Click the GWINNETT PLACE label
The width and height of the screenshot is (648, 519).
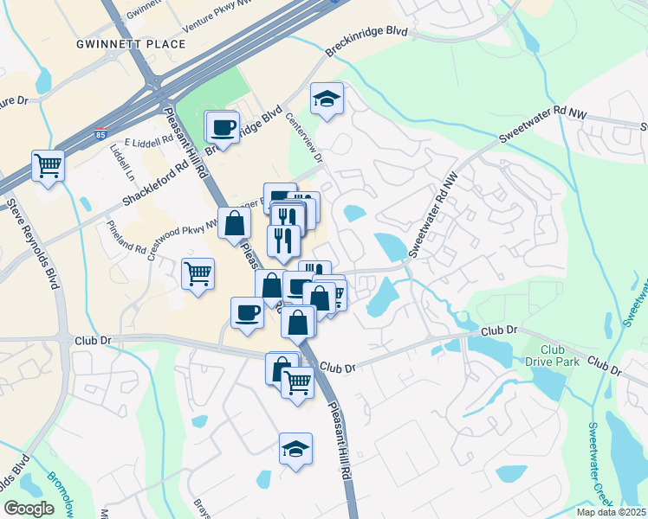pyautogui.click(x=131, y=43)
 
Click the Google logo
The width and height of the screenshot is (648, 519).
pyautogui.click(x=28, y=509)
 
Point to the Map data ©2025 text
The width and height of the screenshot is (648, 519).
pyautogui.click(x=611, y=512)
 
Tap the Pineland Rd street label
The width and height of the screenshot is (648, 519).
pyautogui.click(x=126, y=238)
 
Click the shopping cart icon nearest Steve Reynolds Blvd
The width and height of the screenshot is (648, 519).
pyautogui.click(x=48, y=164)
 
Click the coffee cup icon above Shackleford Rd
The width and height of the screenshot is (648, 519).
pyautogui.click(x=223, y=126)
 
